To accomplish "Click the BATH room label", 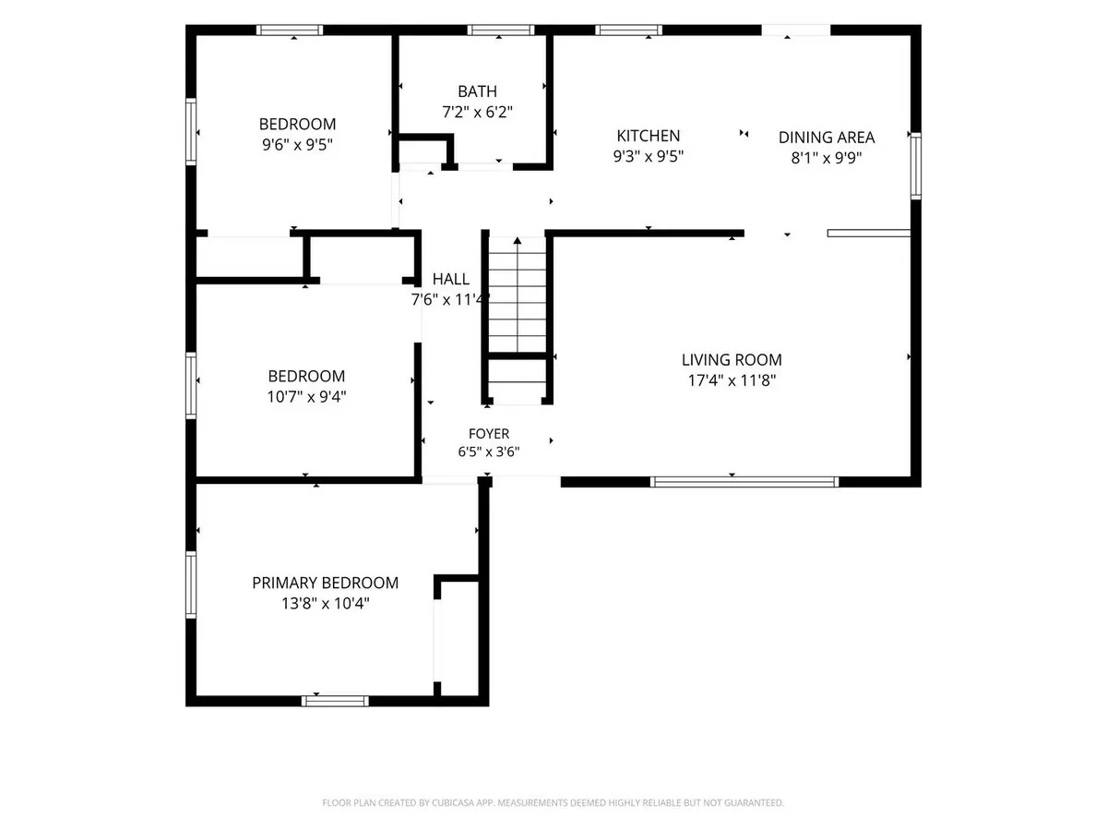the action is (477, 91).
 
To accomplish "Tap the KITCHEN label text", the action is (648, 136).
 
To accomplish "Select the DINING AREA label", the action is (826, 138).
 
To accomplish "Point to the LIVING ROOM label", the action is (732, 360).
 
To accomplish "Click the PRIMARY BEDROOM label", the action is (325, 583).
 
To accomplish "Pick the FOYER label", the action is (488, 433).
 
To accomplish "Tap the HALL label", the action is (450, 279).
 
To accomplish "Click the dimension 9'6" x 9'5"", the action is (297, 145).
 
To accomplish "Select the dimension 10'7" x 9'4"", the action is (306, 397).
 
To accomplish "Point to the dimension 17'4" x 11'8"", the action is (732, 379).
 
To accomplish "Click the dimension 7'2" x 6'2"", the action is (477, 112).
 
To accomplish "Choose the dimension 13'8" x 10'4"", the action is (325, 603).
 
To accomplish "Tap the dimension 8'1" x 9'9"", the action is (826, 158).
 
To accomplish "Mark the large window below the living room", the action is (744, 482).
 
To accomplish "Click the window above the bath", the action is (500, 30).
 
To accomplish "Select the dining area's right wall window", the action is (915, 166).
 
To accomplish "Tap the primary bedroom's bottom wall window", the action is (335, 701).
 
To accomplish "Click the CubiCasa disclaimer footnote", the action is (553, 802).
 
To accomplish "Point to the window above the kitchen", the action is (628, 30).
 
